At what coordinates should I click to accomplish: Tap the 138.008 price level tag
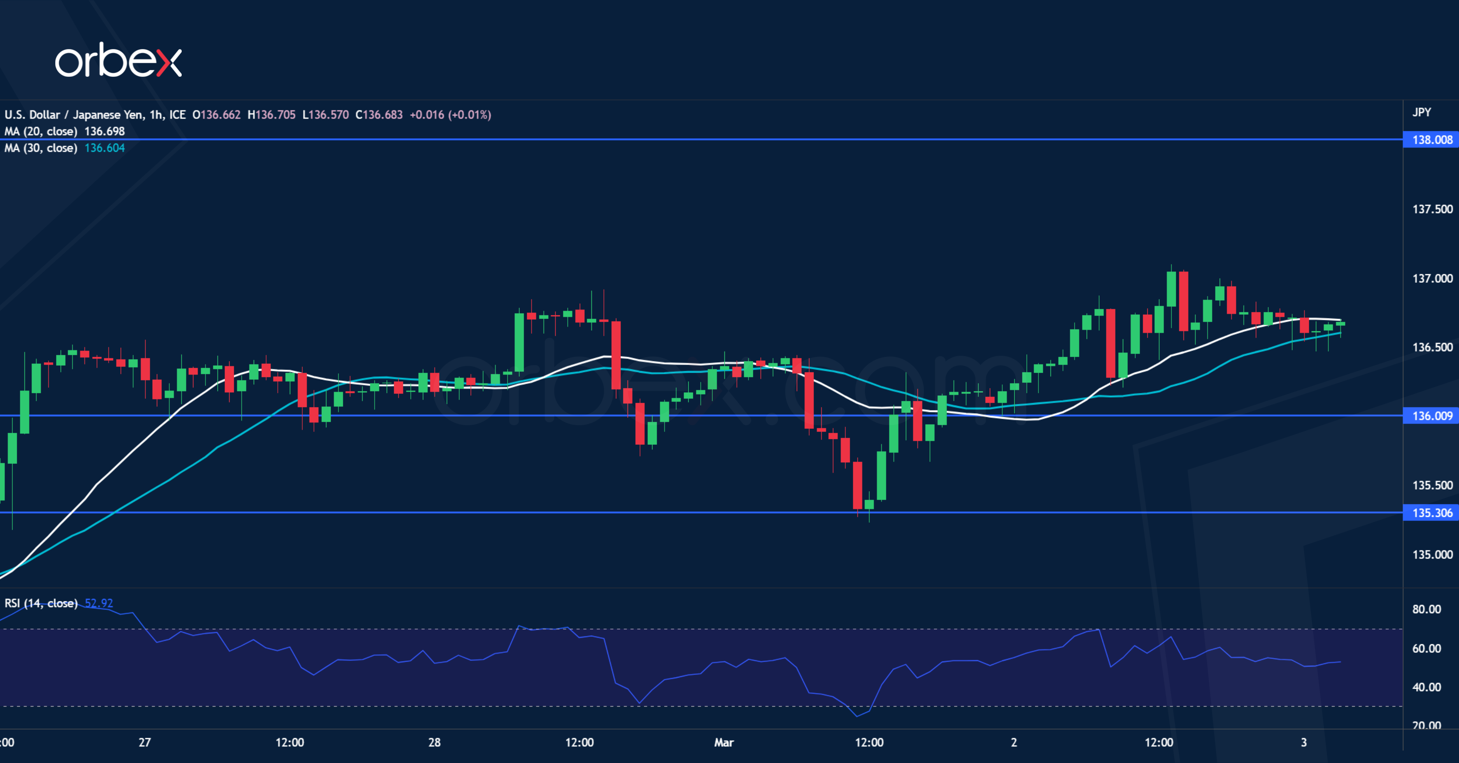[1432, 139]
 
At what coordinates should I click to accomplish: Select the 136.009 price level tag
[1432, 416]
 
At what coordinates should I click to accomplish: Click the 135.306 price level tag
[1432, 513]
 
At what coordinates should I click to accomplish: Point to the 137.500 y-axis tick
[1432, 209]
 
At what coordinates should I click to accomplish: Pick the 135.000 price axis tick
[1432, 554]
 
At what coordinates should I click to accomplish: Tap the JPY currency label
[1422, 112]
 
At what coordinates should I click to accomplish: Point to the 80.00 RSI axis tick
[1426, 610]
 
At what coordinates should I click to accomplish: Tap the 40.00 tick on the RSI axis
[1426, 687]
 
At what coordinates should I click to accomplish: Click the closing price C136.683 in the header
[379, 115]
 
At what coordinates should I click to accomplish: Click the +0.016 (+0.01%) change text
[450, 115]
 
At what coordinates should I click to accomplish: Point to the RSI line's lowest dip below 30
[857, 716]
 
